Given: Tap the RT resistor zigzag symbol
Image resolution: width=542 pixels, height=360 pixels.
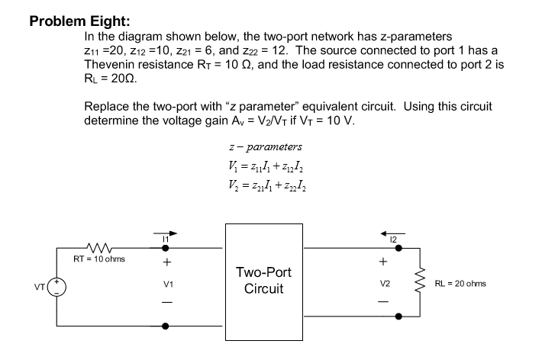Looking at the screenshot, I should (x=99, y=247).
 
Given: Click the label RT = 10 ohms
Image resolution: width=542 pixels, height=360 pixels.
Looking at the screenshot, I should (x=99, y=259).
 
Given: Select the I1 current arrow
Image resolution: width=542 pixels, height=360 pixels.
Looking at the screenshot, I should (x=169, y=233).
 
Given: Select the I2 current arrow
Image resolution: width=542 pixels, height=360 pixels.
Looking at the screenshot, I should (x=395, y=233).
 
